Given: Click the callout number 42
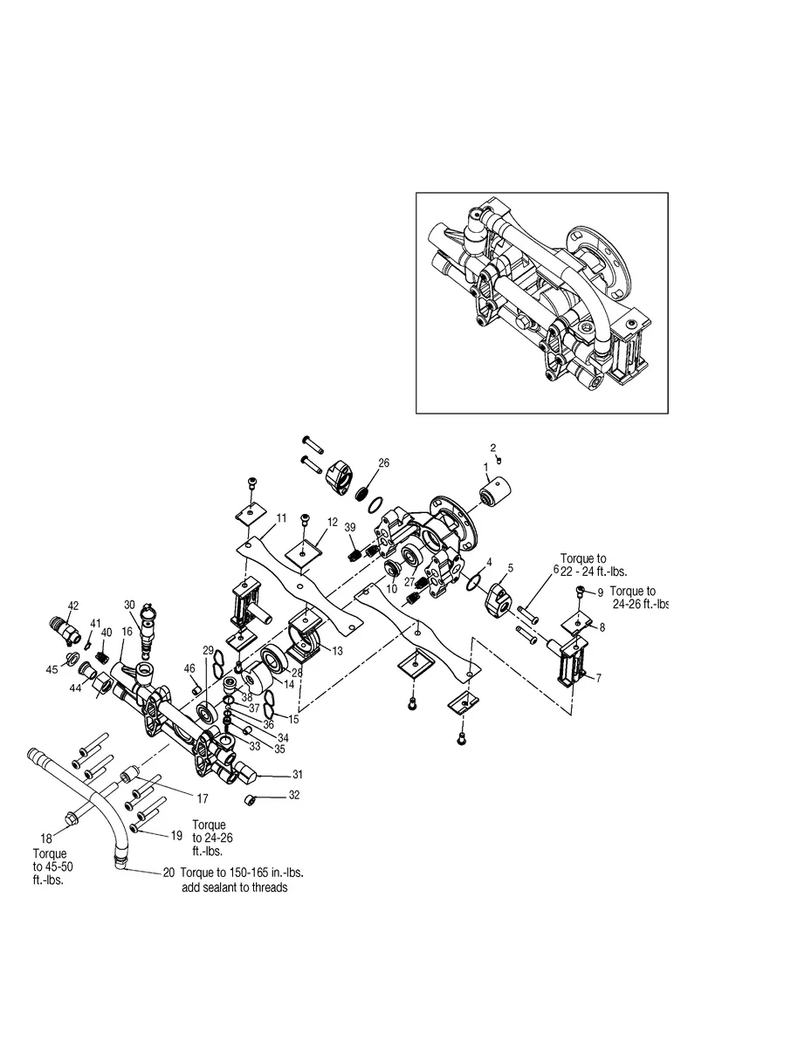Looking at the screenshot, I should pyautogui.click(x=73, y=606).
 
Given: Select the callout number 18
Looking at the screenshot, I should pyautogui.click(x=45, y=838).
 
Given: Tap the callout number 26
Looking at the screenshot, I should pyautogui.click(x=383, y=462).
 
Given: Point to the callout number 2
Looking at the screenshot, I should pyautogui.click(x=492, y=448).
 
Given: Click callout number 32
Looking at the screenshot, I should pyautogui.click(x=294, y=795).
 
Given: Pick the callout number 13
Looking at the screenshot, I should pyautogui.click(x=337, y=651).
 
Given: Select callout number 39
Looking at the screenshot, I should pyautogui.click(x=350, y=528).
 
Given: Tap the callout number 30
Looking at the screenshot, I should pyautogui.click(x=129, y=605).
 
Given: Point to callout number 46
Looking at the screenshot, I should pyautogui.click(x=189, y=668).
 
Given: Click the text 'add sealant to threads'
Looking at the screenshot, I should pyautogui.click(x=235, y=887).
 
